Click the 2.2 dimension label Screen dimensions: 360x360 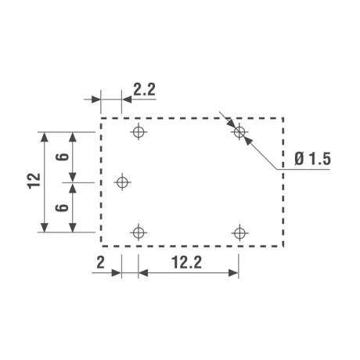point(144,90)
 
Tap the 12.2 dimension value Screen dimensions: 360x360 point(186,262)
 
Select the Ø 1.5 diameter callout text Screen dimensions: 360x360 point(312,159)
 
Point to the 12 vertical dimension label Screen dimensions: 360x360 point(34,181)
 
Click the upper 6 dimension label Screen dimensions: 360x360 point(63,157)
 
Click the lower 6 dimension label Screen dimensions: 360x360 point(63,207)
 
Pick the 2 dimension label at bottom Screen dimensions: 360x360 point(100,262)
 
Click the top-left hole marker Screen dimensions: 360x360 point(139,131)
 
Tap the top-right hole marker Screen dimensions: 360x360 point(239,131)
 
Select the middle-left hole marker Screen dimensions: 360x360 point(122,182)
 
